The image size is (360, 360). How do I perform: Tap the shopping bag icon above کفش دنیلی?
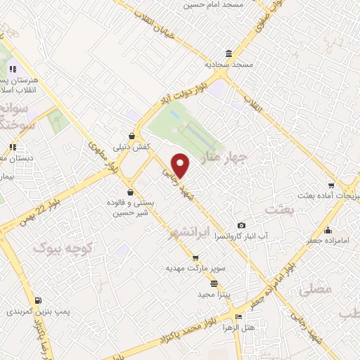(131, 136)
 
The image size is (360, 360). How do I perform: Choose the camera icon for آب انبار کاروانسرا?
(241, 225)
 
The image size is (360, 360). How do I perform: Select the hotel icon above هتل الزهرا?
(238, 316)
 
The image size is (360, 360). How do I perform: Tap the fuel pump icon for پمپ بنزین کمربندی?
(37, 300)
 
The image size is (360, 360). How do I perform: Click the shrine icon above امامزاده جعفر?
(327, 230)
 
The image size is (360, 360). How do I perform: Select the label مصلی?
(311, 290)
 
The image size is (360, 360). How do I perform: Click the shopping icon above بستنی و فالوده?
(130, 192)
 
